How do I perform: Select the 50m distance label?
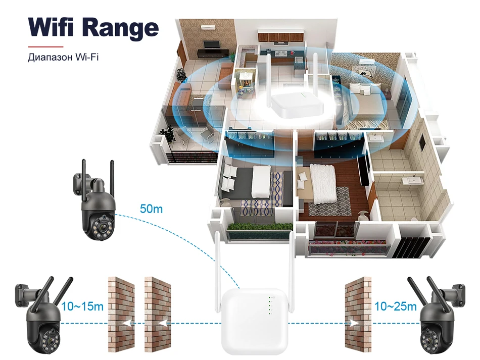point(152,209)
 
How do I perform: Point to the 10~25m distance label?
point(396,306)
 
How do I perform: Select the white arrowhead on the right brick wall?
point(354,322)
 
